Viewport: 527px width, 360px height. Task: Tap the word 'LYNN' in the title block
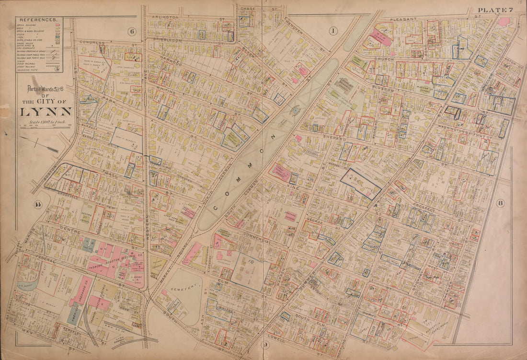pyautogui.click(x=46, y=112)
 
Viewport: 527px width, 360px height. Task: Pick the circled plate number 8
pyautogui.click(x=500, y=203)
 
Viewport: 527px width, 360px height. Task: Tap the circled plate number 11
pyautogui.click(x=37, y=205)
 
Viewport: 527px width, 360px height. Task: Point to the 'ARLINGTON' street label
pyautogui.click(x=165, y=17)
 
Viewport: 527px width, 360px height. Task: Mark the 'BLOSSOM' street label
pyautogui.click(x=382, y=90)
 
